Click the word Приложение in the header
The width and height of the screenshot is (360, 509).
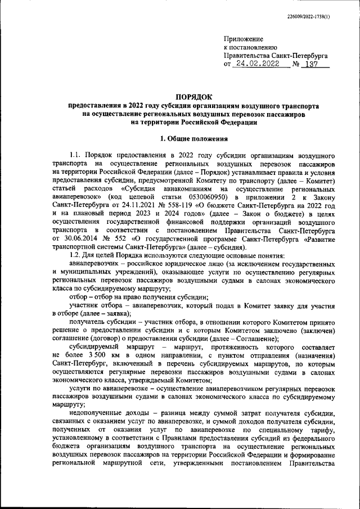pos(243,39)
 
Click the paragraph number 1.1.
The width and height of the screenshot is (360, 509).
pos(76,154)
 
